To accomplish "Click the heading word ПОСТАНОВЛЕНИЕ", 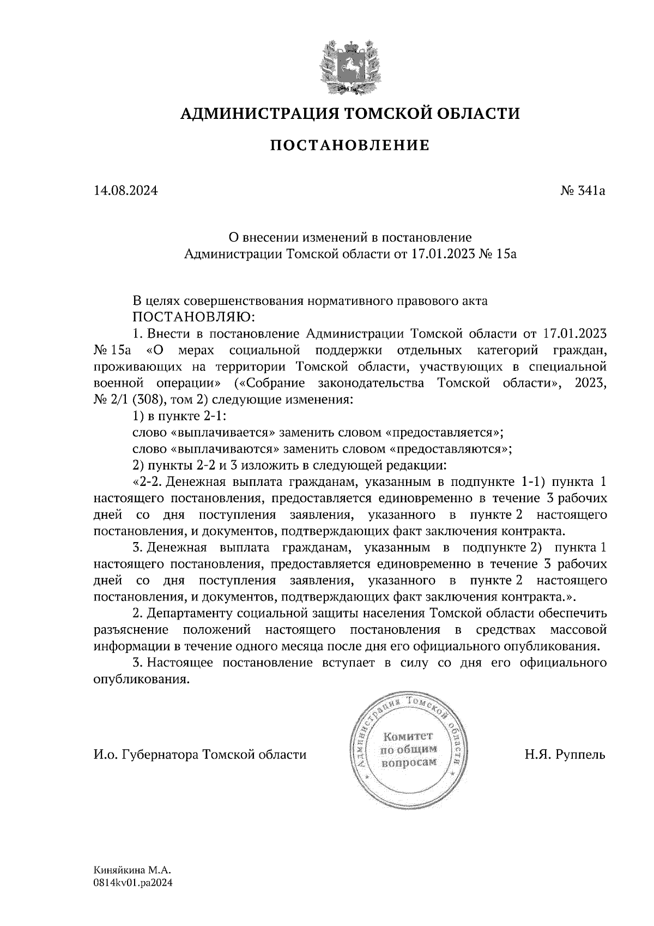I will pos(350,145).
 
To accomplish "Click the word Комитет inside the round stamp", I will pos(408,735).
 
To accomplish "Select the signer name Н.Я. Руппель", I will pos(565,755).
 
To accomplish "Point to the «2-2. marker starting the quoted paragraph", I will pos(146,482).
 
